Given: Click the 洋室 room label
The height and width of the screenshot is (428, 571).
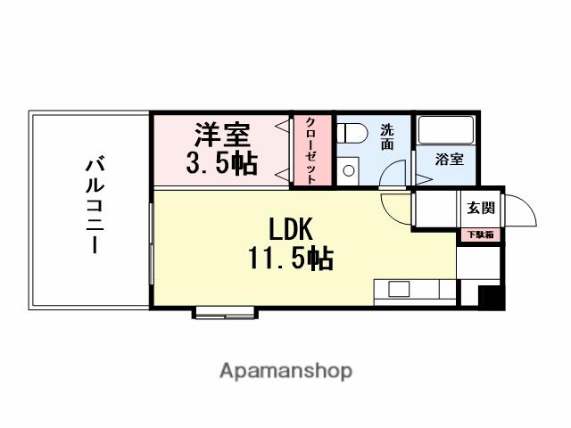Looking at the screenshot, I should [223, 135].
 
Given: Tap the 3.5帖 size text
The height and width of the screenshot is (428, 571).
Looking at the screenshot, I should [222, 161].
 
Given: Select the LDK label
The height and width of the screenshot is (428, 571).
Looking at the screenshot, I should [288, 227].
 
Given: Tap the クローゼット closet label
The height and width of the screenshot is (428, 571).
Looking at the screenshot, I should [310, 150].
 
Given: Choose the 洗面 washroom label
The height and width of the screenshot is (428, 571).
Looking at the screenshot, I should [387, 135].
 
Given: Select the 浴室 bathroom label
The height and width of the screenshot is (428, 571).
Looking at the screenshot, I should [449, 160].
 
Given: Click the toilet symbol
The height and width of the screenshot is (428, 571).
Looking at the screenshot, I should [352, 133].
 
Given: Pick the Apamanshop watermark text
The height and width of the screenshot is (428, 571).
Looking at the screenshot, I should [285, 371].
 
